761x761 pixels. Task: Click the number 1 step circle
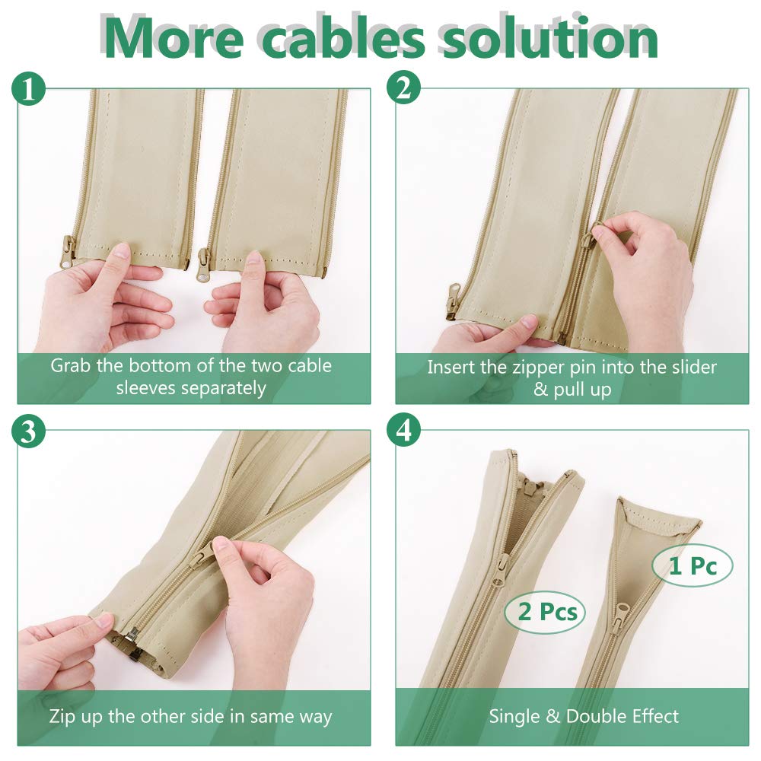[29, 91]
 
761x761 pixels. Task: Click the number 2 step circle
[403, 89]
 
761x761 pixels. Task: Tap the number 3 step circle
[29, 431]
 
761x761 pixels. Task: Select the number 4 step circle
[403, 431]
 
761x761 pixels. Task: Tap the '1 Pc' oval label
[693, 566]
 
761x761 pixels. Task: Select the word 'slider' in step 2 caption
[690, 368]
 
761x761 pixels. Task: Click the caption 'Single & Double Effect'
[584, 716]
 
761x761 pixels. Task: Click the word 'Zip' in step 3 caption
[64, 716]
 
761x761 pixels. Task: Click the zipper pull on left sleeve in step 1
[68, 251]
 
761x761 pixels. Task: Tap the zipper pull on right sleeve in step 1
[205, 262]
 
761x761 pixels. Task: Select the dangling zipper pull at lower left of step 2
[453, 300]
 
